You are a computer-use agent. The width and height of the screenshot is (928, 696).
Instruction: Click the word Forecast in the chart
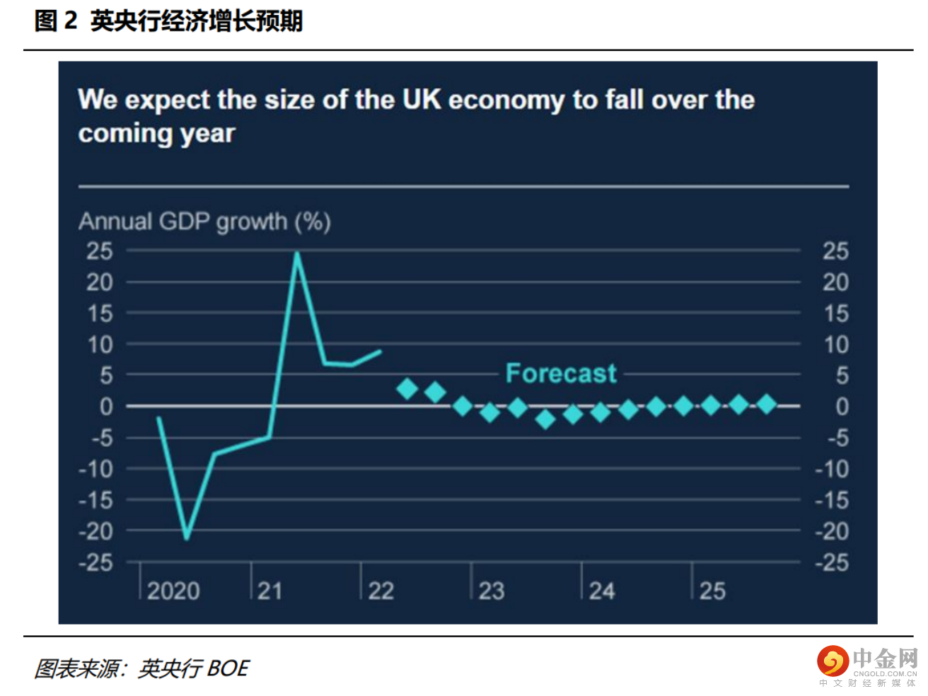coord(561,373)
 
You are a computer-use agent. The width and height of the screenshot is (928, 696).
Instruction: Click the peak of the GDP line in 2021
coord(297,253)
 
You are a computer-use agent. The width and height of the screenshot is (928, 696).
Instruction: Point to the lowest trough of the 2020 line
coord(187,538)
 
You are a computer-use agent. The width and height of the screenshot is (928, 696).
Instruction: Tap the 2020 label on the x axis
coord(173,591)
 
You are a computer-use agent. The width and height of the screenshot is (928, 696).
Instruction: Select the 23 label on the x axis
coord(492,591)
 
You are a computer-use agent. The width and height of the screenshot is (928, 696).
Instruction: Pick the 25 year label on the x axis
coord(712,591)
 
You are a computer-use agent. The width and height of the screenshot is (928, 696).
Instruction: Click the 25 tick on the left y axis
coord(100,251)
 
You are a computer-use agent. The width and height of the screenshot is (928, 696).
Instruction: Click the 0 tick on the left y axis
coord(106,407)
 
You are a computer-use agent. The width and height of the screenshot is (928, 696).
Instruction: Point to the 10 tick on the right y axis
coord(835,345)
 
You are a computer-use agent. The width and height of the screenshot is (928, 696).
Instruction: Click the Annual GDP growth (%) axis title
coord(204,221)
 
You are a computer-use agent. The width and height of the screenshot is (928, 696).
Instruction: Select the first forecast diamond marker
coord(407,388)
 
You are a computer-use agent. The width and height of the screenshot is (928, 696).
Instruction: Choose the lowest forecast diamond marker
coord(545,419)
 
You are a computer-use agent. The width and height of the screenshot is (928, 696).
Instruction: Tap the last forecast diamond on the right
coord(766,405)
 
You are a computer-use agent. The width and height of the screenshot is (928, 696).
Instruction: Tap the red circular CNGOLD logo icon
coord(833,661)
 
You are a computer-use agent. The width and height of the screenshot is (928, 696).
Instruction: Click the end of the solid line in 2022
coord(381,351)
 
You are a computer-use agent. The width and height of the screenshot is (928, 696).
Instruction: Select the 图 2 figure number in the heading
coord(55,21)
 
